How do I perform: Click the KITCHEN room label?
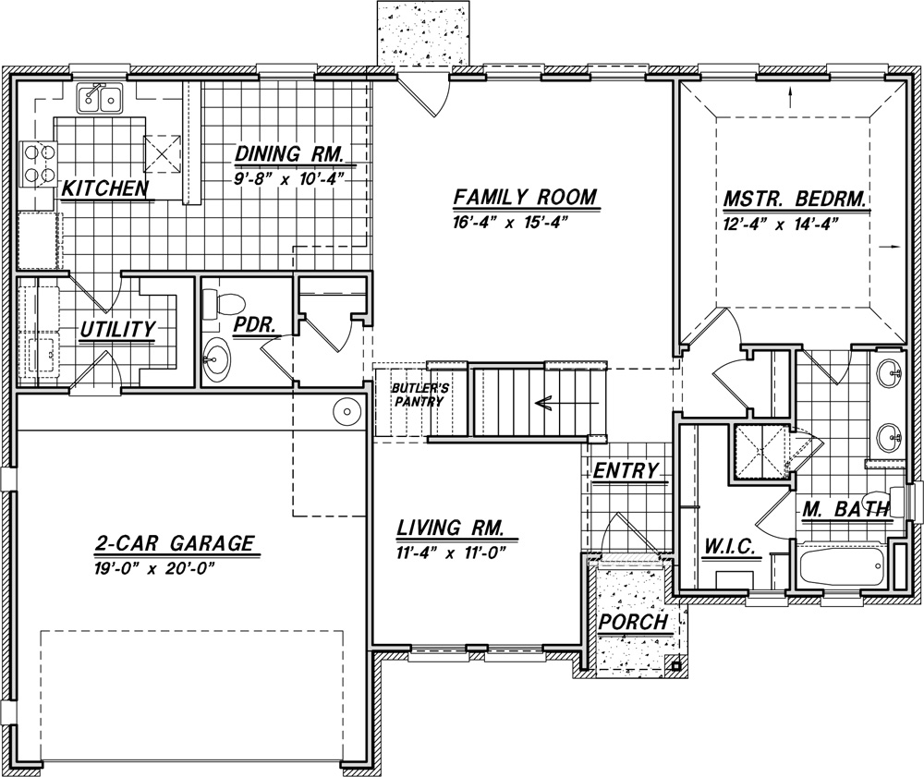(x=104, y=188)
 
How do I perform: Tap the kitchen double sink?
(x=100, y=98)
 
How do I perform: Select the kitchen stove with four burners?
(x=38, y=164)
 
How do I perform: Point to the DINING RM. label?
(x=288, y=153)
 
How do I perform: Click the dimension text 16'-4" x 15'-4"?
(x=509, y=224)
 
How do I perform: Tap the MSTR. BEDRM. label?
(x=795, y=200)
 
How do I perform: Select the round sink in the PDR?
(x=216, y=357)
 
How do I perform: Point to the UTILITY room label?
(x=118, y=330)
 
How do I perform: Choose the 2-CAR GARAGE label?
(x=175, y=542)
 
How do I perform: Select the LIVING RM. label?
(x=450, y=528)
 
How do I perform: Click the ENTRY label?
(x=626, y=470)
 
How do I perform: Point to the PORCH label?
(x=634, y=621)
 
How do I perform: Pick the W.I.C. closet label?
(x=730, y=546)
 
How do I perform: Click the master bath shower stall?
(x=760, y=451)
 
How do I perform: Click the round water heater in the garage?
(x=346, y=412)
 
